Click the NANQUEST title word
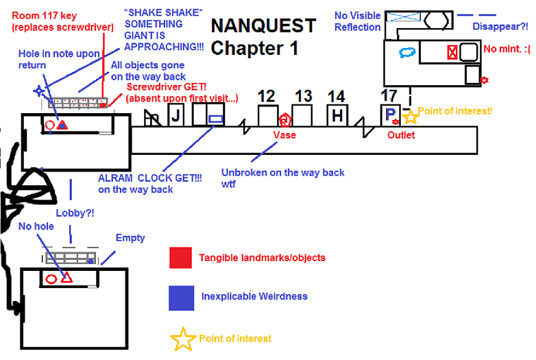(x=263, y=26)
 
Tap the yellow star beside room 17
(x=410, y=117)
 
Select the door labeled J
(x=175, y=116)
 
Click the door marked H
(x=337, y=116)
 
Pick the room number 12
(x=267, y=97)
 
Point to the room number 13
(x=304, y=97)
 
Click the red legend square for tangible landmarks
(x=180, y=258)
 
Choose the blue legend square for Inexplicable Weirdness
(x=180, y=297)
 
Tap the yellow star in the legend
(x=182, y=338)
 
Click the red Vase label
(x=284, y=135)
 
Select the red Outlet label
(x=401, y=135)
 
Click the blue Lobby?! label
(x=75, y=213)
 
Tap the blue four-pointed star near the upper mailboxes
(x=40, y=91)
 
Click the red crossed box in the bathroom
(x=452, y=52)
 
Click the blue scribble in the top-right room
(x=409, y=51)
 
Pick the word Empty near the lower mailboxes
(x=130, y=238)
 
